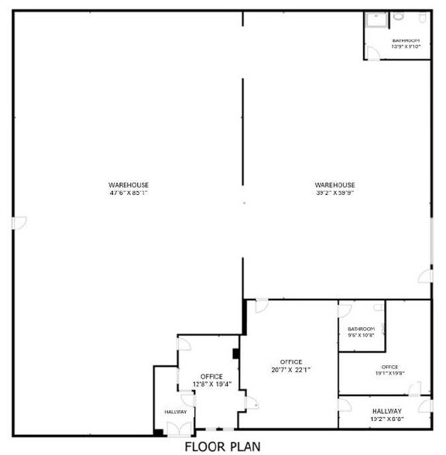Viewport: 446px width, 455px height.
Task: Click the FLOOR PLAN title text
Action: (x=222, y=446)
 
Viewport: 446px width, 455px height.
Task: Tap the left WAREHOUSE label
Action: (x=129, y=184)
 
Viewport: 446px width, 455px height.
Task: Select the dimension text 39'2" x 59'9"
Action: (x=335, y=193)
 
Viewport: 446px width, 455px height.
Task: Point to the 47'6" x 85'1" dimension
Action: (x=129, y=193)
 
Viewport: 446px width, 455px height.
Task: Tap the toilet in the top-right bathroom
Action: (x=399, y=16)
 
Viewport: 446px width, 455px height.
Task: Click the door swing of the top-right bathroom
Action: (x=373, y=53)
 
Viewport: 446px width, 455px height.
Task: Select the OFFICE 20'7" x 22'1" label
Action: (x=291, y=365)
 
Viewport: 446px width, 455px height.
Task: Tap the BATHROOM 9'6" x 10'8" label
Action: (x=361, y=332)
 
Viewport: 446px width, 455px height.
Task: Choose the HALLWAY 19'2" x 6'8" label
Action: (x=386, y=415)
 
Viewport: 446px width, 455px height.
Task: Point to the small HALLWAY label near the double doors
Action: (x=176, y=412)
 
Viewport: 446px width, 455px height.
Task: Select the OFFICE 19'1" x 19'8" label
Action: (x=389, y=370)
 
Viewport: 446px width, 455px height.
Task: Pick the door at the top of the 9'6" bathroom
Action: (x=345, y=310)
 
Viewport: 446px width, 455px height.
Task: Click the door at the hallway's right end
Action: (x=424, y=405)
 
